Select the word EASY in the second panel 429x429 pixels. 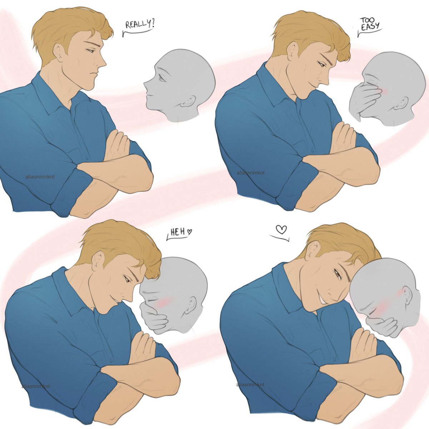pos(370,27)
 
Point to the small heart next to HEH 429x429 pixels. pos(189,232)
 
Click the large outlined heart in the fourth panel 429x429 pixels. pos(281,229)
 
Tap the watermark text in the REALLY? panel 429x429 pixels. pos(40,177)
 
